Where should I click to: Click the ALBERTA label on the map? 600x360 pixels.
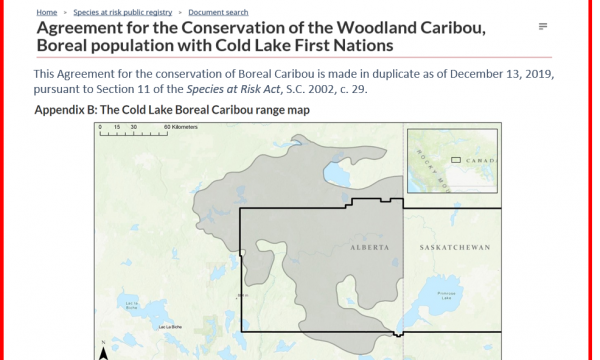coord(369,246)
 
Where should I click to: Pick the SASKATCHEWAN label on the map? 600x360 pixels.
coord(453,246)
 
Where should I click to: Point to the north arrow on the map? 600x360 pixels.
coord(103,352)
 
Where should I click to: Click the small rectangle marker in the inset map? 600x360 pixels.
coord(454,159)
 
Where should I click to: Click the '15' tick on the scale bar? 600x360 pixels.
coord(118,128)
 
